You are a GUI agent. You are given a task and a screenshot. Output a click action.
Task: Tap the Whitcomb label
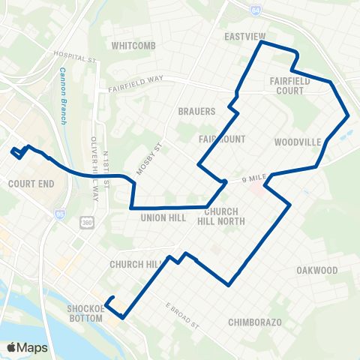(x=132, y=45)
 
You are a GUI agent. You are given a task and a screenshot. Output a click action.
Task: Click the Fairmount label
(x=217, y=139)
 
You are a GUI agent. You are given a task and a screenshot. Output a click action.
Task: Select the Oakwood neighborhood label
(x=316, y=270)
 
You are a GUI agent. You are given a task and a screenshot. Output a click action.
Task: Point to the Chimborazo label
(x=254, y=322)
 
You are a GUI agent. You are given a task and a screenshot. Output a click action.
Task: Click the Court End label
(x=28, y=184)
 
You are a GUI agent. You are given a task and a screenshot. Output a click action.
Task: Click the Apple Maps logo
(x=26, y=347)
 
